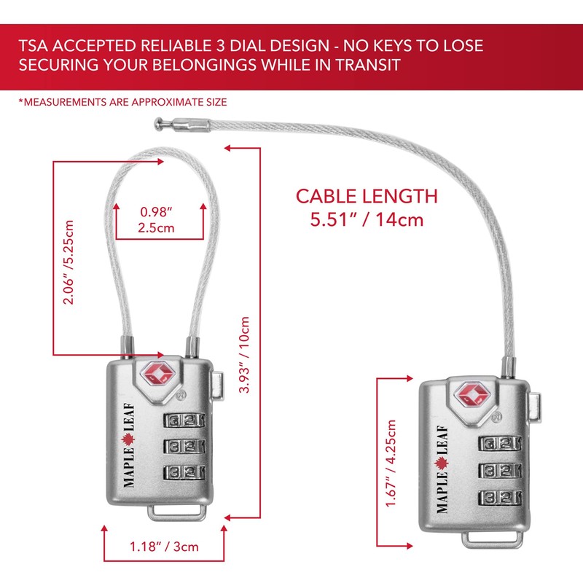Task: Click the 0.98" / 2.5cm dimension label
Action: pyautogui.click(x=157, y=220)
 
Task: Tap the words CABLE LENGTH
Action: pyautogui.click(x=366, y=196)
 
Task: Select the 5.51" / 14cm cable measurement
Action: pyautogui.click(x=367, y=219)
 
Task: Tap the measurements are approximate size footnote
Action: pyautogui.click(x=122, y=102)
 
